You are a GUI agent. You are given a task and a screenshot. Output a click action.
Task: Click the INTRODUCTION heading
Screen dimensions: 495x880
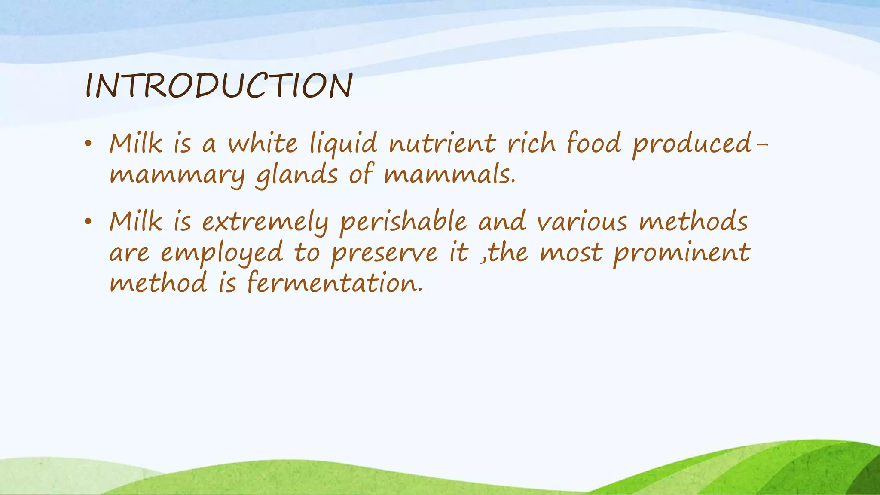(219, 86)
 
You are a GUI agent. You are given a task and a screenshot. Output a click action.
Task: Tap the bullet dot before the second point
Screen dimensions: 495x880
(88, 222)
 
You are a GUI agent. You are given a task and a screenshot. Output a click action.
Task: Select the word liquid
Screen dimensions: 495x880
(343, 144)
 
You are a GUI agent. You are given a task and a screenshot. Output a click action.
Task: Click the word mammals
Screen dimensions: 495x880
(449, 175)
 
